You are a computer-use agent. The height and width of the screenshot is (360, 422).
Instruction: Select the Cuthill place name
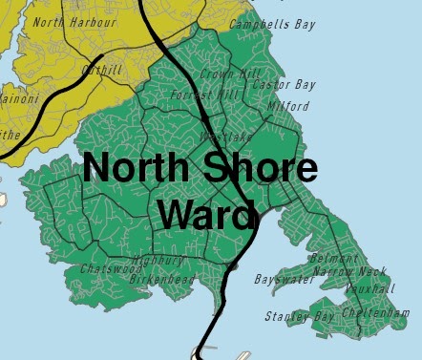102,70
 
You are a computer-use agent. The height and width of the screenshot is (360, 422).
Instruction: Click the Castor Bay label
277,86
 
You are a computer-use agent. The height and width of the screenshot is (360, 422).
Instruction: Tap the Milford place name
289,106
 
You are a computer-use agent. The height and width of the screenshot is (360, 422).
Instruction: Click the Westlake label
226,138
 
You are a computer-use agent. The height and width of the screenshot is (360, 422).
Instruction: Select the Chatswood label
104,269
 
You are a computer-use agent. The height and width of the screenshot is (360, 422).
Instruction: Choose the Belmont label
334,259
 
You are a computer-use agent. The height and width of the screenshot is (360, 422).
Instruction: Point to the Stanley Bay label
300,315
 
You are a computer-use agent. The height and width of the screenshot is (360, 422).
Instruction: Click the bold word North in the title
138,170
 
